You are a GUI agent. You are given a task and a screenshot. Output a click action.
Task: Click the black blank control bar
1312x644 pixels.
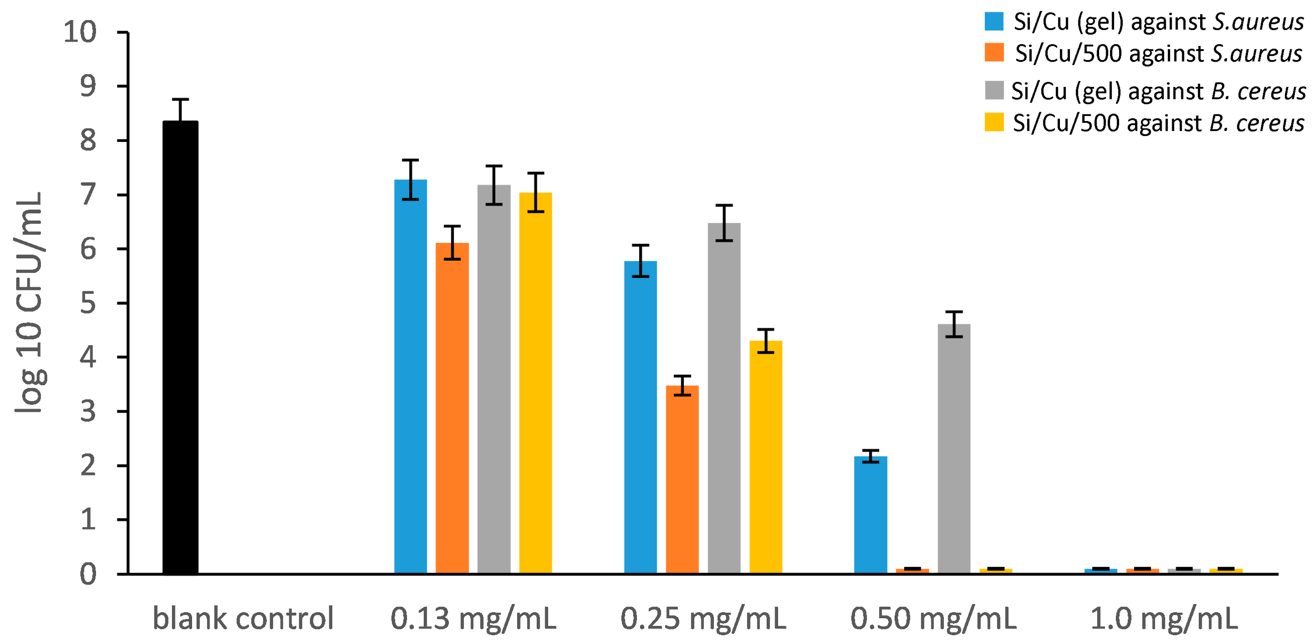click(180, 347)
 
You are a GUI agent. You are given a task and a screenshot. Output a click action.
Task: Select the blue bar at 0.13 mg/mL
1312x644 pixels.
click(410, 377)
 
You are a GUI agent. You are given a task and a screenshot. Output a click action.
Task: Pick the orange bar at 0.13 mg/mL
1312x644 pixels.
click(452, 408)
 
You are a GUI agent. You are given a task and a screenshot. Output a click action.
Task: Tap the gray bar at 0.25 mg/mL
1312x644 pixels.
click(724, 398)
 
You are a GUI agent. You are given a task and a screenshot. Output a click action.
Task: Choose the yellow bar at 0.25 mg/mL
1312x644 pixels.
click(766, 457)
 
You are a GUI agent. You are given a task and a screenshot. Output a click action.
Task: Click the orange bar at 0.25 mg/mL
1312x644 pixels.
click(683, 480)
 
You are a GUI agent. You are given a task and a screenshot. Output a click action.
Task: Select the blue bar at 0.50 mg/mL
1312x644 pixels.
click(871, 515)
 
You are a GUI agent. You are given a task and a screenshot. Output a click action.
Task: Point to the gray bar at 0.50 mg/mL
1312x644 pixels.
click(954, 449)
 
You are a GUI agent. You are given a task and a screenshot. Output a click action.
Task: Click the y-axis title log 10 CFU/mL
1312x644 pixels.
click(30, 303)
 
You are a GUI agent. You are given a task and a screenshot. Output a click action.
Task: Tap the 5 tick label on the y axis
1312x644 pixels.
click(88, 303)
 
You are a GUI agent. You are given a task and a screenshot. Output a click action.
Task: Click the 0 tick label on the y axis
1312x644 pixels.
click(88, 574)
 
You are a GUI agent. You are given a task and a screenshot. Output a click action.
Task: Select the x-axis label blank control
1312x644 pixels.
click(243, 618)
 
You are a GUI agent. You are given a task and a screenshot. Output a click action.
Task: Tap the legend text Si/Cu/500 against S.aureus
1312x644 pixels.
click(1159, 53)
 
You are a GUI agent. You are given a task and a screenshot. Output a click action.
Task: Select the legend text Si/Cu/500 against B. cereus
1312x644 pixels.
click(1159, 123)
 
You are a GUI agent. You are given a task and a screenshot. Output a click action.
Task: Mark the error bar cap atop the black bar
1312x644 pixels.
click(180, 99)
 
